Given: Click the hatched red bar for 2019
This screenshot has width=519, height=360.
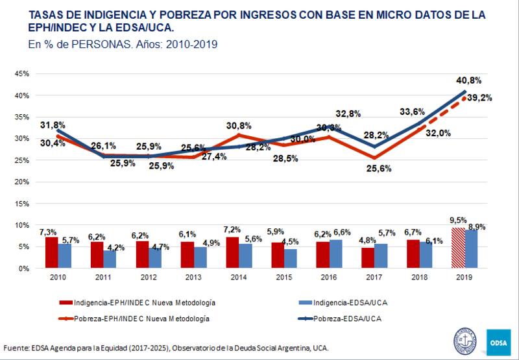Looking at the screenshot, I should click(x=458, y=248).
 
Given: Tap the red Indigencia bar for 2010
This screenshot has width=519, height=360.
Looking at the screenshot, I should click(x=51, y=252).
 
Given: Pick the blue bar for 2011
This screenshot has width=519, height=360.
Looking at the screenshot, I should click(x=110, y=259).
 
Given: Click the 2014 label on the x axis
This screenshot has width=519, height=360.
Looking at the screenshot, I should click(x=238, y=277).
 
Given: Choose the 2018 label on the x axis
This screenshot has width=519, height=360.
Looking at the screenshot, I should click(x=419, y=277).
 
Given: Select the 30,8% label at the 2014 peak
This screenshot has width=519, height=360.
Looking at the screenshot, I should click(x=239, y=125).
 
